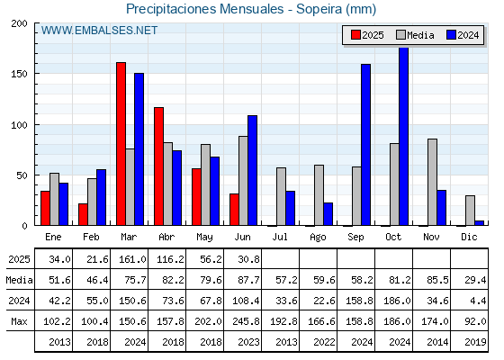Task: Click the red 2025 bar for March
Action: (x=121, y=144)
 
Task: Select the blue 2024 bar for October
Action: (x=403, y=136)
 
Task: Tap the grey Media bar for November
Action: (x=432, y=182)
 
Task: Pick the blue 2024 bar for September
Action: (x=365, y=145)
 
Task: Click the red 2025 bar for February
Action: (x=83, y=214)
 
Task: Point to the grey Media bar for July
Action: (x=281, y=196)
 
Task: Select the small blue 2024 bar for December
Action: (x=479, y=223)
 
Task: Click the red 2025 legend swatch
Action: (x=355, y=35)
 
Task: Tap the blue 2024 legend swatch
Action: (x=451, y=35)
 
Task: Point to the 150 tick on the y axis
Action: (x=19, y=74)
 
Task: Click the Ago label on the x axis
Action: (x=318, y=238)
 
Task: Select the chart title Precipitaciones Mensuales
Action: (x=205, y=9)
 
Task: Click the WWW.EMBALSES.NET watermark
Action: (x=99, y=31)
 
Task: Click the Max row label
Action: (x=19, y=321)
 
